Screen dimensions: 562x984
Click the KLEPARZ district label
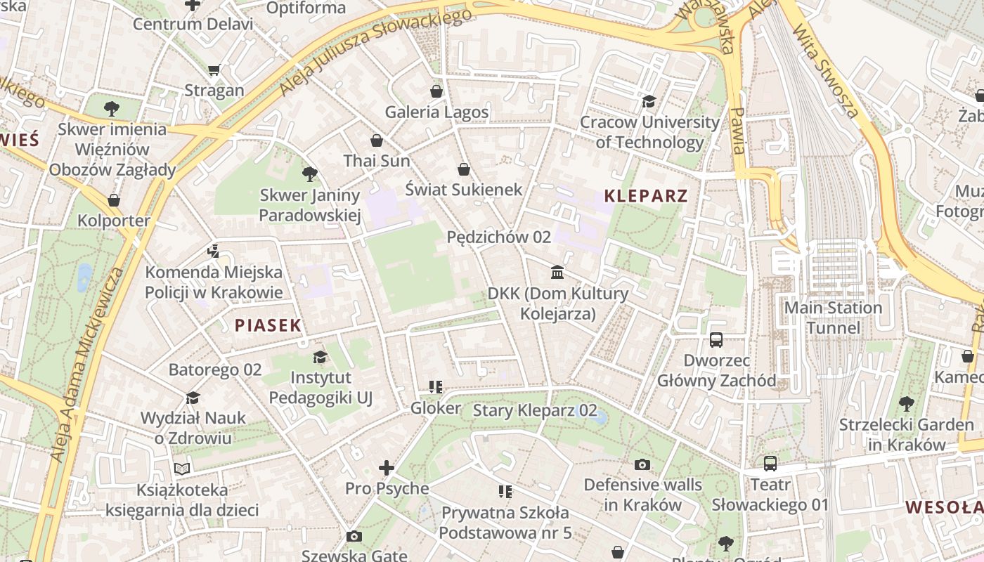point(645,195)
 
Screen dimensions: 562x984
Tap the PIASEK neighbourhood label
point(268,325)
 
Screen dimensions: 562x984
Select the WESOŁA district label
point(944,507)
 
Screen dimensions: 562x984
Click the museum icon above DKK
point(557,272)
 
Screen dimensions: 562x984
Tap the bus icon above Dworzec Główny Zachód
point(716,340)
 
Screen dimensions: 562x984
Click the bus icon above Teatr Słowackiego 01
point(770,464)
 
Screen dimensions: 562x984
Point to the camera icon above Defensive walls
point(642,464)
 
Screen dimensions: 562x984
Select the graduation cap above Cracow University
point(649,102)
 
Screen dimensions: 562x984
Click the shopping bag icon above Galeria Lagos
point(436,91)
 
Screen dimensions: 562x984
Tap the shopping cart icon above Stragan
point(214,70)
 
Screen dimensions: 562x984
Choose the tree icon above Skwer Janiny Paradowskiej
point(309,174)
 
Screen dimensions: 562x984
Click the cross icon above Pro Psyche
point(387,467)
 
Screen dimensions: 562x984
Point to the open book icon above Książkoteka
point(182,469)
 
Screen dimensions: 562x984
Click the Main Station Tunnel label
point(833,318)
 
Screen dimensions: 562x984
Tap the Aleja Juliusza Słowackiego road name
point(375,53)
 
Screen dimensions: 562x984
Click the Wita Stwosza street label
point(825,70)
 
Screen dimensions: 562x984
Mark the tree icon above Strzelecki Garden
point(906,404)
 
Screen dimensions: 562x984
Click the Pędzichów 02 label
point(498,237)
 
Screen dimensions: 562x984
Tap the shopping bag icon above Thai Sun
point(377,140)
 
